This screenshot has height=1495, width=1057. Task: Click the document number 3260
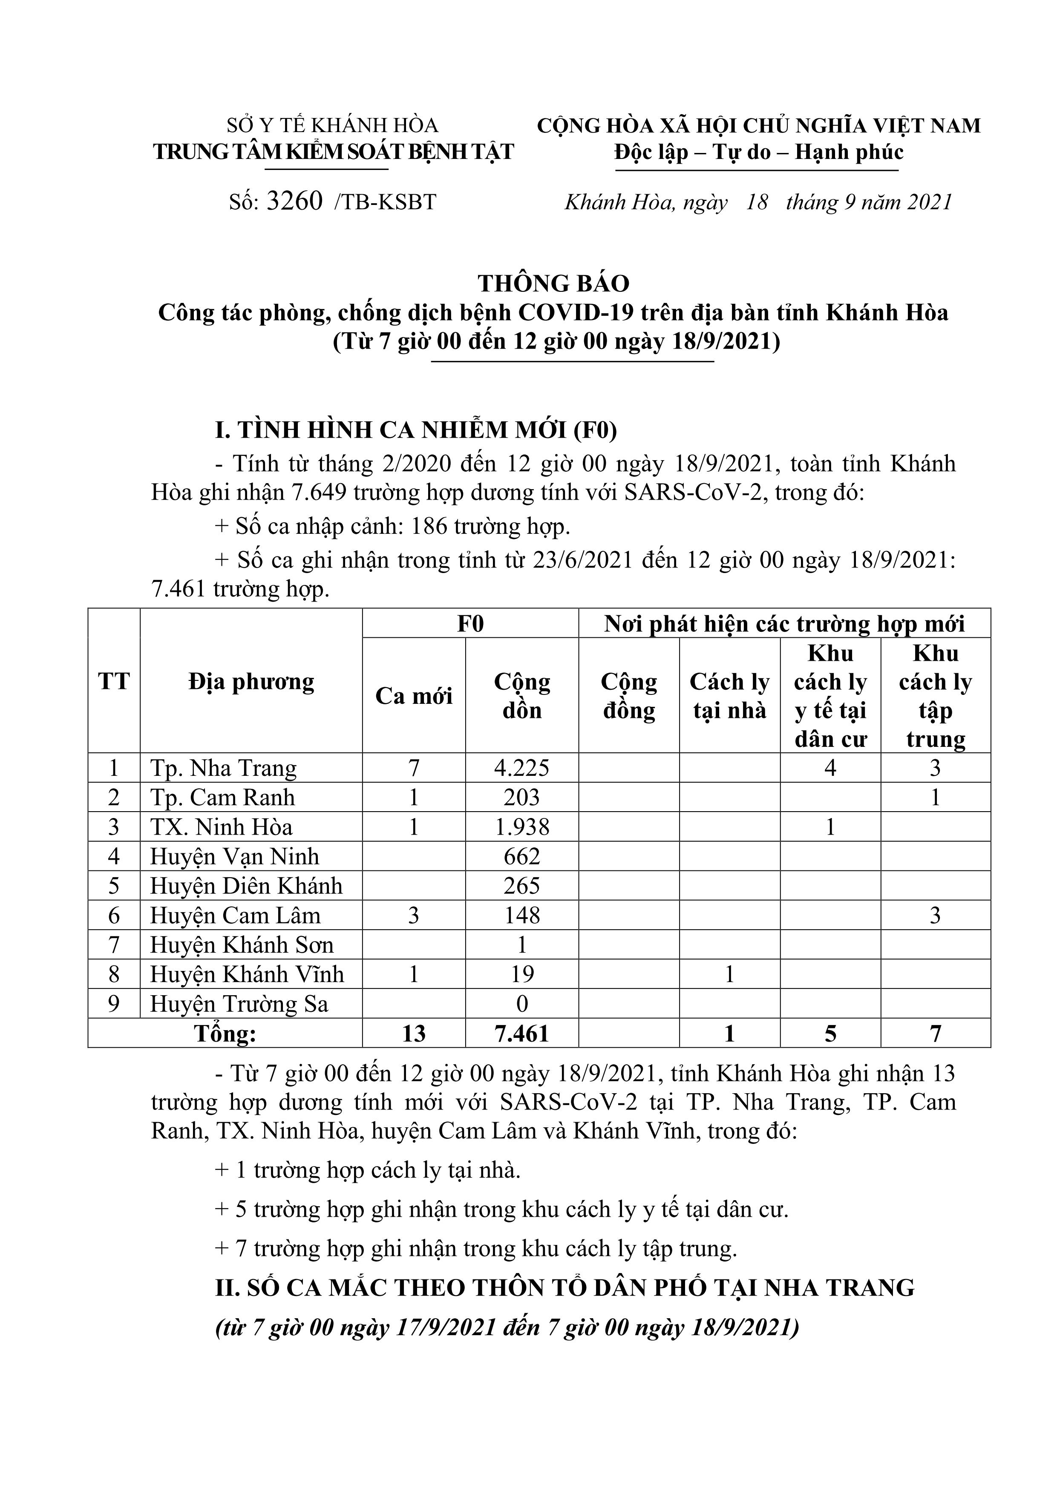coord(294,202)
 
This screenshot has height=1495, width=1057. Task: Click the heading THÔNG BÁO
coord(553,283)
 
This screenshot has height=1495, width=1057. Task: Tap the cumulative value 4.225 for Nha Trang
coord(521,768)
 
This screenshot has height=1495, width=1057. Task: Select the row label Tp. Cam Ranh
coord(223,798)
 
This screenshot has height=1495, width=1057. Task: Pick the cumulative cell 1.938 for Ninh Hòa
coord(521,827)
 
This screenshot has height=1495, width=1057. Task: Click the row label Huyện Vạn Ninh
coord(234,856)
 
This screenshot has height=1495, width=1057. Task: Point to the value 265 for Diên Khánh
coord(521,886)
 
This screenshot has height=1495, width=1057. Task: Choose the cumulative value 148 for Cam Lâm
coord(521,916)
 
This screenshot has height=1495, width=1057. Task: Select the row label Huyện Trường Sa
coord(239,1004)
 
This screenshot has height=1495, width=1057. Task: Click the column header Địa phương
coord(251,682)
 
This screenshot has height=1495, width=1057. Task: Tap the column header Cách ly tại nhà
coord(729,695)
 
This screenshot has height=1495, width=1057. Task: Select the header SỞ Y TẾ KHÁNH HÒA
coord(332,125)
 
